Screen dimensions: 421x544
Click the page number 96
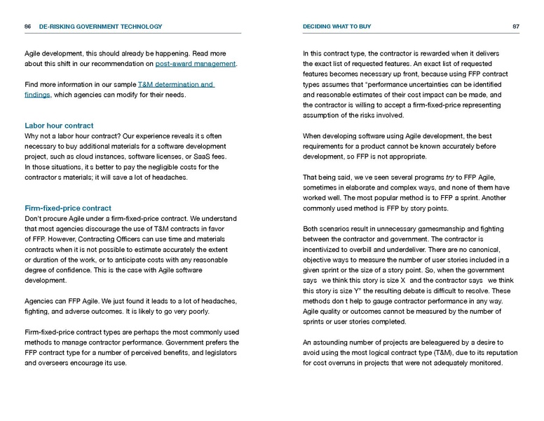[x=27, y=27]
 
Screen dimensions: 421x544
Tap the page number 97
[x=515, y=27]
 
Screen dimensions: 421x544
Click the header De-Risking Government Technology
[x=100, y=27]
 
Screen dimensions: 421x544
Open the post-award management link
[x=196, y=64]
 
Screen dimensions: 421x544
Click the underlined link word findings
[x=36, y=95]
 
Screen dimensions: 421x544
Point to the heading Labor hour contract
[x=59, y=126]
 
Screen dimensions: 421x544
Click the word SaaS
[x=200, y=156]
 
